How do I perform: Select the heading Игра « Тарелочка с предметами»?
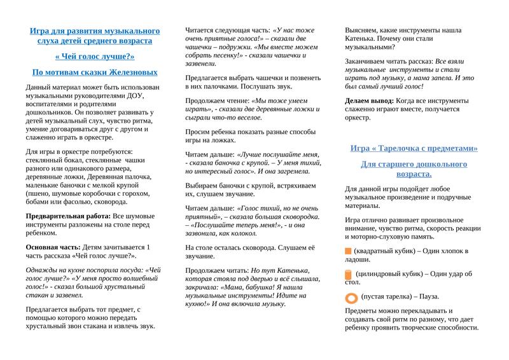[x=414, y=148]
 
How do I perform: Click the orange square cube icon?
[x=348, y=251]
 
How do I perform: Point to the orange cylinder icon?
[x=348, y=275]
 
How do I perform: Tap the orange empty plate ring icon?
[x=349, y=297]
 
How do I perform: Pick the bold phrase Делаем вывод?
[x=369, y=100]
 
